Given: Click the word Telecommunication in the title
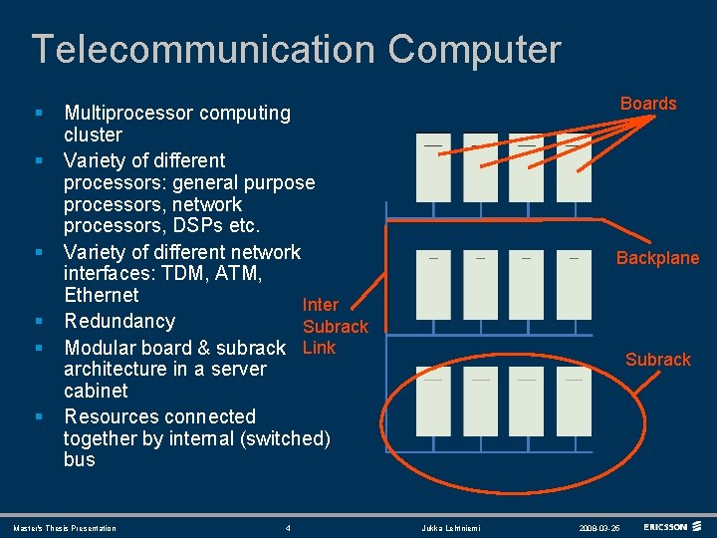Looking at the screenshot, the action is (x=203, y=49).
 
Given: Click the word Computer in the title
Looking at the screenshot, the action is (x=474, y=49).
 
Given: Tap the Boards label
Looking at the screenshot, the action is (x=648, y=104).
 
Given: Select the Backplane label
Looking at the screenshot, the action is (x=657, y=258).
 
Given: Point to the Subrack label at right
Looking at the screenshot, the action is (x=657, y=360).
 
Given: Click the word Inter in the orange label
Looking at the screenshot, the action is (x=321, y=305).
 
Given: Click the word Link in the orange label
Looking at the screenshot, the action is (x=319, y=348).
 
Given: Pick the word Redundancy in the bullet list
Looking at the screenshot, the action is (x=119, y=321).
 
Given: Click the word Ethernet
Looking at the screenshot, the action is (x=102, y=295).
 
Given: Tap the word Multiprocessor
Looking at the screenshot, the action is (x=128, y=114).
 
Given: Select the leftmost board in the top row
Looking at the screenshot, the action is (x=433, y=167).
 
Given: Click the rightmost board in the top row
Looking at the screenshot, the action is (x=574, y=167).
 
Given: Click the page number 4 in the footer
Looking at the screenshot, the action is (x=288, y=528).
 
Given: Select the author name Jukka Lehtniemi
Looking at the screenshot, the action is (x=451, y=528).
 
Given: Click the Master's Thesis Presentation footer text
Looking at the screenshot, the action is (x=65, y=528).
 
